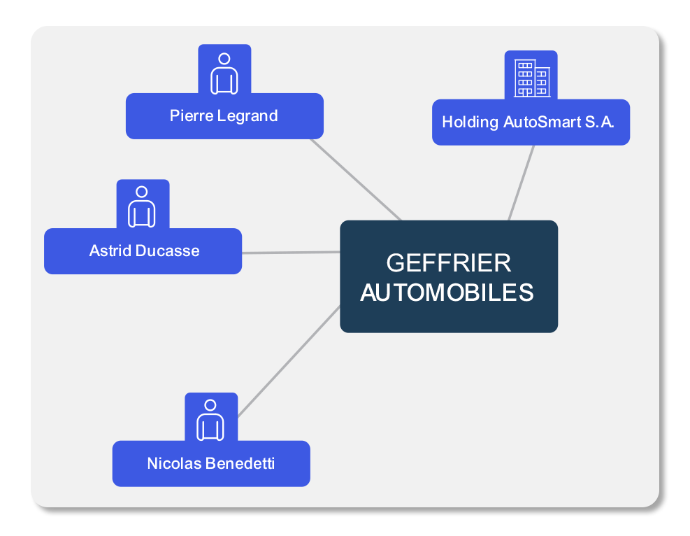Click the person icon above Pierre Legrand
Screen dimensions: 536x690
point(224,73)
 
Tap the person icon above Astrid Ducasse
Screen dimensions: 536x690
point(142,206)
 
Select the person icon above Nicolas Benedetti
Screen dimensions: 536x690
point(210,420)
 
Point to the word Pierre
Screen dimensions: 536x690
point(192,115)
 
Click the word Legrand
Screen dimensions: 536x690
point(247,115)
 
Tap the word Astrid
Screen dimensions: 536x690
point(109,251)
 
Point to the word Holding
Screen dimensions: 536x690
point(470,122)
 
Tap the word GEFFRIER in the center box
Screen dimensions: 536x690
point(448,263)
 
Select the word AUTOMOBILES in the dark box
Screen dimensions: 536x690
point(447,292)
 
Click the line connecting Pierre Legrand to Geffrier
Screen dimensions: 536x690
point(357,179)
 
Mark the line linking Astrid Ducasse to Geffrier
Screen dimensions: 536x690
point(291,252)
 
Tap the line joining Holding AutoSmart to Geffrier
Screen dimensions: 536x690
point(522,183)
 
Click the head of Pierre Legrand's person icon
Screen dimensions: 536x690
point(224,59)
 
